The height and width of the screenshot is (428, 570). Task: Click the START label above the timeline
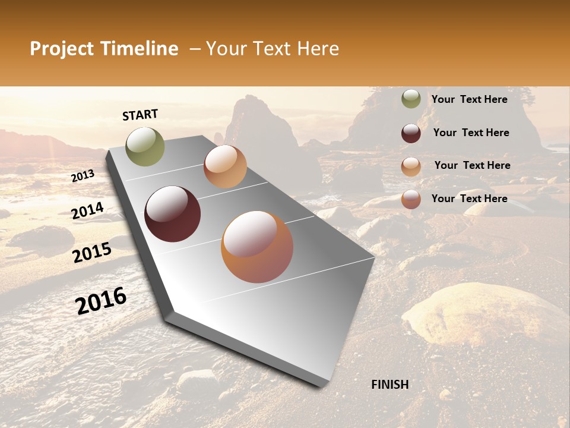(140, 114)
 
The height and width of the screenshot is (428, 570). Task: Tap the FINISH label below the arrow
(389, 385)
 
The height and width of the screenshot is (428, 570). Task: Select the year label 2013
(83, 176)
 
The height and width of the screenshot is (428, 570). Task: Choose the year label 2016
(101, 301)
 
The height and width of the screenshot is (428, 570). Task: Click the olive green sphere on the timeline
(145, 146)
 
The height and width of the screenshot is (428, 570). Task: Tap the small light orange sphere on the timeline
(225, 166)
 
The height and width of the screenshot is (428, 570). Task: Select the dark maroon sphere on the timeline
(172, 214)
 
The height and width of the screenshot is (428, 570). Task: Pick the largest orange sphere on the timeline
(257, 247)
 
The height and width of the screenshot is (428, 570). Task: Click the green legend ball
(411, 99)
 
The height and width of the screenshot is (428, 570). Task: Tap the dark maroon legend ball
(411, 133)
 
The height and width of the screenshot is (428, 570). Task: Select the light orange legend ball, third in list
(411, 166)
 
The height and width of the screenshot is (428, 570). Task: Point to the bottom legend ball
(411, 199)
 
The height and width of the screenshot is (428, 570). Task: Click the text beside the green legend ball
(469, 99)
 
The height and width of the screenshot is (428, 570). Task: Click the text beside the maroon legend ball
(471, 133)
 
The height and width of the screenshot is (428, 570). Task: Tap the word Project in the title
(62, 49)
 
